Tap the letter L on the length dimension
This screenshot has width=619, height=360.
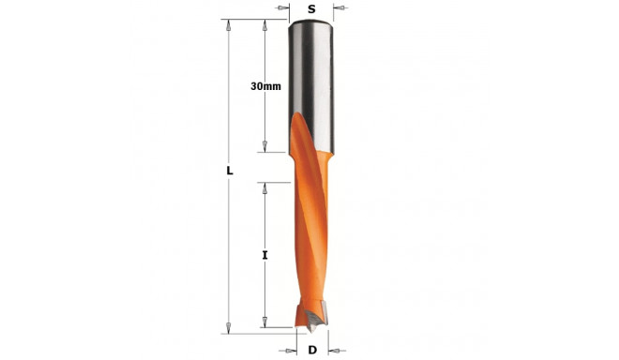[x=229, y=172]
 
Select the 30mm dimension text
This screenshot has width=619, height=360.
[x=265, y=86]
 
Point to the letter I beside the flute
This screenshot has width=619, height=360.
[x=265, y=254]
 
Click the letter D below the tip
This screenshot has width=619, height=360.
[x=312, y=351]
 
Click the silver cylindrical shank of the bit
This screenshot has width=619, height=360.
[x=311, y=75]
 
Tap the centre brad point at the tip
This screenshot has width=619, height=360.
[x=310, y=330]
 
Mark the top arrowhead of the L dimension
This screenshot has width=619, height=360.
[x=229, y=26]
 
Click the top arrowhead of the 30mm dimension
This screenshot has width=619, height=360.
[x=265, y=26]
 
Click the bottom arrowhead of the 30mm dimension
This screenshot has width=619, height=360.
[x=265, y=145]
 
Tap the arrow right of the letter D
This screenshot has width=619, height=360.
[x=333, y=351]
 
